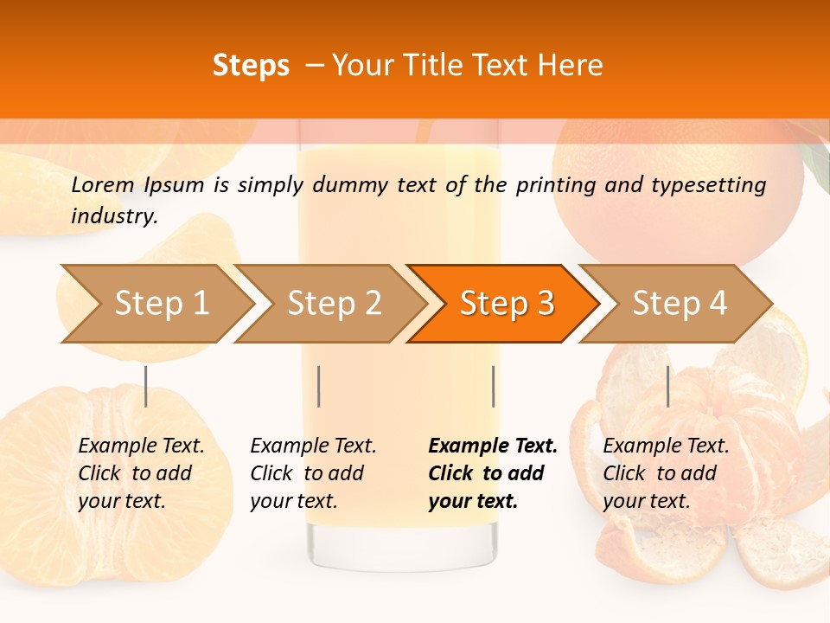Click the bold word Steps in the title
(x=251, y=66)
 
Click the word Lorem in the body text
(x=103, y=184)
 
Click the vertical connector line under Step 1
(x=145, y=386)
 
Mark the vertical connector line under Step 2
(x=319, y=386)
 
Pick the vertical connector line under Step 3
(x=493, y=386)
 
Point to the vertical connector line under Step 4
(x=667, y=386)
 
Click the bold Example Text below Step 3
(x=493, y=446)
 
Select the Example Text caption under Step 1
(x=141, y=446)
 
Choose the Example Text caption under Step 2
(x=313, y=446)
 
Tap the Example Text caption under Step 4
(x=666, y=446)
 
